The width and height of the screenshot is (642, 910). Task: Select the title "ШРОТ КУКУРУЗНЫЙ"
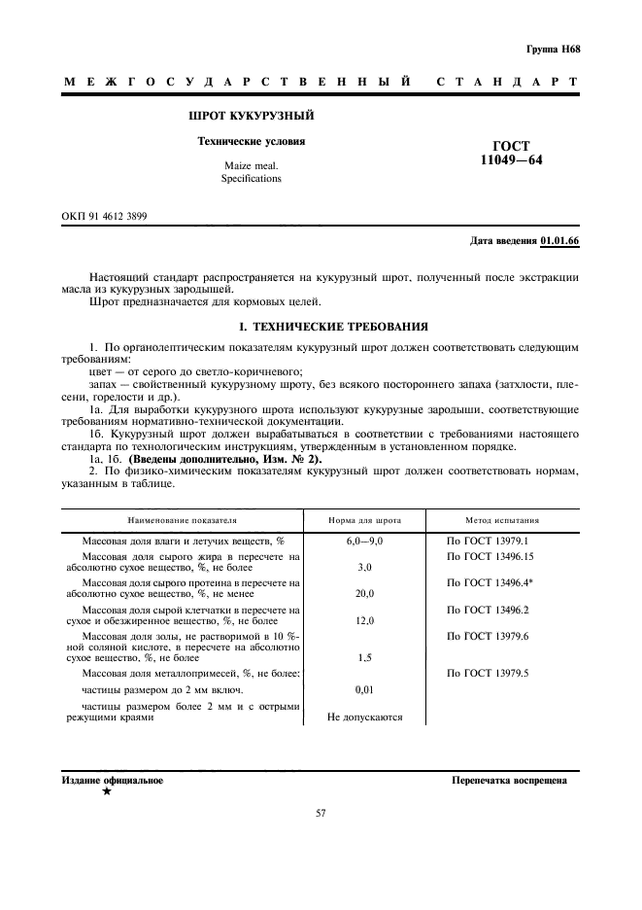pos(252,116)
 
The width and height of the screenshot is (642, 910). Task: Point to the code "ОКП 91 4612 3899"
pos(105,216)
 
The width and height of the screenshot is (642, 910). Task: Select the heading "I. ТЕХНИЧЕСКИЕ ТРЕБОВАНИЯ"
pos(321,326)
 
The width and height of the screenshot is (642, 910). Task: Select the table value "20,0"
pos(364,592)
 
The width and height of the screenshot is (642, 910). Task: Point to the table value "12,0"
pos(364,619)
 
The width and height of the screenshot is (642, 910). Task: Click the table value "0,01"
pos(364,688)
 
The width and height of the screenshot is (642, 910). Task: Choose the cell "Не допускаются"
pos(364,718)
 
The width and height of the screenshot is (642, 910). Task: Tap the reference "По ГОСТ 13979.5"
pos(487,672)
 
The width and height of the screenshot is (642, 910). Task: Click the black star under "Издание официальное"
pos(106,793)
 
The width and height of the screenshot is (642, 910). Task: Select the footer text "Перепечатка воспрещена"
pos(515,781)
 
